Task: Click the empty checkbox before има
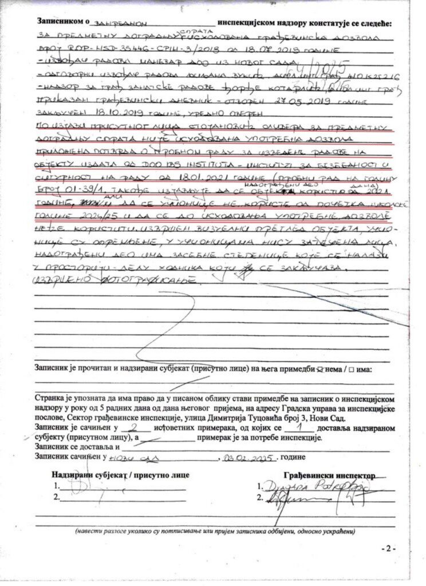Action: (x=350, y=370)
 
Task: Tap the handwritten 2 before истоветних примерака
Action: (x=133, y=427)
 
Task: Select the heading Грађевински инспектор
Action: (x=329, y=476)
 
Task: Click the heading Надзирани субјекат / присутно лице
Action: (x=120, y=475)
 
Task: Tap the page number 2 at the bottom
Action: (x=388, y=548)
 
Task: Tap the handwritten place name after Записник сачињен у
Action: (x=133, y=458)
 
